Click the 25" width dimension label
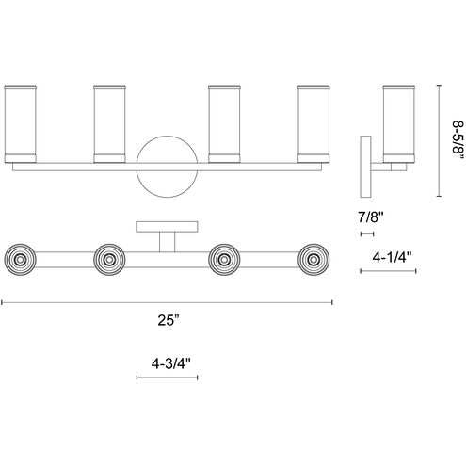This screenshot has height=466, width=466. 169,320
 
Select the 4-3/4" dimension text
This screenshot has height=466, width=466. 171,363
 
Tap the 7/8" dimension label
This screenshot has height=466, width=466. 371,217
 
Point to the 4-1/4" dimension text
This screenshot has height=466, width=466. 392,258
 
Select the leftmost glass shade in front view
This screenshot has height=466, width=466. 21,124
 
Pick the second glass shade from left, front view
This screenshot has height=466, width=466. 109,124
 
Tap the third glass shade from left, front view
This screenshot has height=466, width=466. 224,124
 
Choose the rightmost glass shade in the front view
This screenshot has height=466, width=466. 313,124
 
